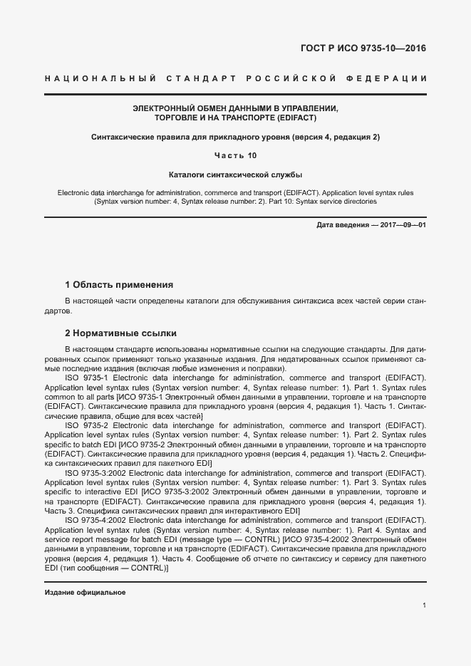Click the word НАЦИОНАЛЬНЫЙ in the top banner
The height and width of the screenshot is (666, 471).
click(x=86, y=78)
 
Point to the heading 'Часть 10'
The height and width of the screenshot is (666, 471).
click(x=235, y=155)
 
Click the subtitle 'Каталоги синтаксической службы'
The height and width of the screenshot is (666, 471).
click(x=235, y=174)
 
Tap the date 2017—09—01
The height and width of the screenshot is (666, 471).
click(x=403, y=225)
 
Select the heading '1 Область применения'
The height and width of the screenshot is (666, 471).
click(x=119, y=285)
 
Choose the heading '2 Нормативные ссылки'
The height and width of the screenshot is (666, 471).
click(x=120, y=333)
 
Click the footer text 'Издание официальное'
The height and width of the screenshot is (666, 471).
click(x=85, y=593)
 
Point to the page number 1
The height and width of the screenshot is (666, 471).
click(x=424, y=605)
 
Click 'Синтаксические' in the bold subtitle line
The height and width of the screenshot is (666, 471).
click(x=122, y=136)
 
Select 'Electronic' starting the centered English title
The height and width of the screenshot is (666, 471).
click(x=74, y=193)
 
